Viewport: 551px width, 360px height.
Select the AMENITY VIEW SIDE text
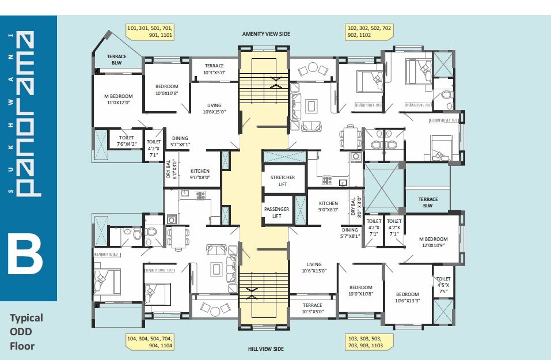click(266, 34)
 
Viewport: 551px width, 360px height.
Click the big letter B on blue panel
click(25, 253)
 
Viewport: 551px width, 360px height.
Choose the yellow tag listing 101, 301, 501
click(150, 31)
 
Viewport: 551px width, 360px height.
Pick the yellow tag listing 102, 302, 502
click(369, 31)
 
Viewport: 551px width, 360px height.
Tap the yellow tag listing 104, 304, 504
click(150, 342)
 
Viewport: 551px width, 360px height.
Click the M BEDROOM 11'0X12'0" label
click(118, 99)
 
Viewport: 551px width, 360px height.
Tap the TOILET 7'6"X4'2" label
click(127, 141)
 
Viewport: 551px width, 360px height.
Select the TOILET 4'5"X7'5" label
click(442, 282)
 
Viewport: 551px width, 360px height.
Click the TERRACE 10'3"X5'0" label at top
click(214, 69)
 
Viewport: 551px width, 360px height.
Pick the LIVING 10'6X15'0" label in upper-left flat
click(214, 108)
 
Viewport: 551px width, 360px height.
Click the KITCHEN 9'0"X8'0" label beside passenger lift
click(329, 206)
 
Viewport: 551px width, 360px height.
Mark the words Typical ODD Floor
click(26, 332)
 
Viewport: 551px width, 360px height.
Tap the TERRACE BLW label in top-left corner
click(117, 59)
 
